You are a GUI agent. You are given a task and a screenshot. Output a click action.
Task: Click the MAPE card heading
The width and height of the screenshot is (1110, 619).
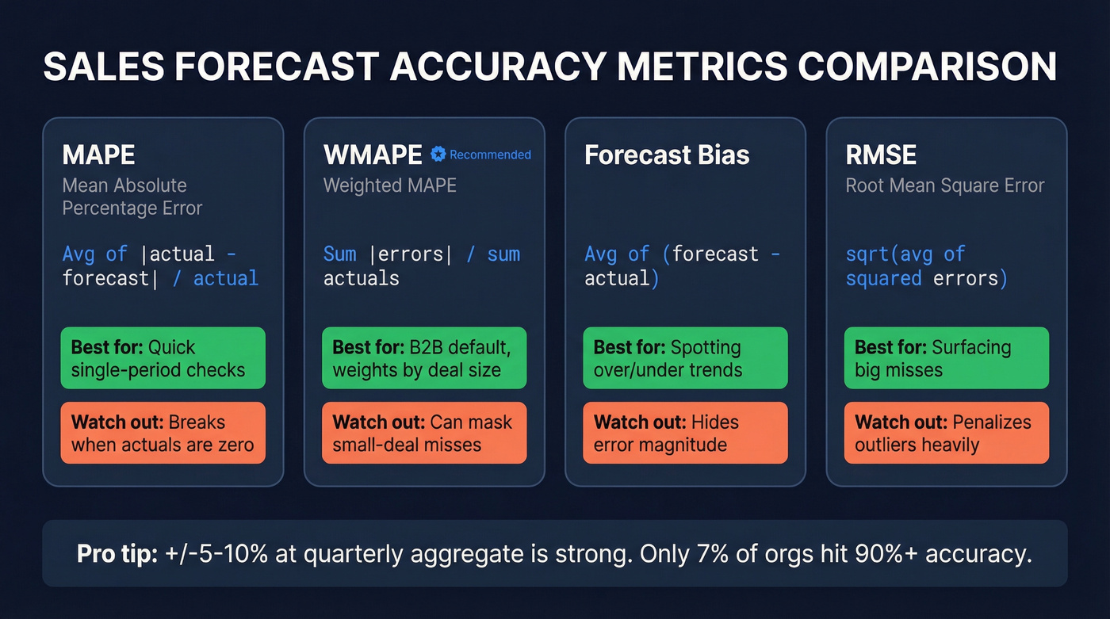[x=99, y=155]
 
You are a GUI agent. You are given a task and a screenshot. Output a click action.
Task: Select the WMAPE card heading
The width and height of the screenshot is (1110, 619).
[x=373, y=155]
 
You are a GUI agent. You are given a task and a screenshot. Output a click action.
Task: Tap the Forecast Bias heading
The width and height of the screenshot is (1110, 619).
[x=667, y=155]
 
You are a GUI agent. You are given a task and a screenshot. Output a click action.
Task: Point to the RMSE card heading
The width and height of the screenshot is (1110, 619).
[x=881, y=155]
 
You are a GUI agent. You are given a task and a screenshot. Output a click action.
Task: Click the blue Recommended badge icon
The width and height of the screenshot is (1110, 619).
[x=438, y=155]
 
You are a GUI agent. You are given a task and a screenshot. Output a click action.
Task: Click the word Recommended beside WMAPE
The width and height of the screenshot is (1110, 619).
[x=490, y=155]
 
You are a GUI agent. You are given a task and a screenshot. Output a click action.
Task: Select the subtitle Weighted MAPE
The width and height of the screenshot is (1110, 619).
[x=389, y=185]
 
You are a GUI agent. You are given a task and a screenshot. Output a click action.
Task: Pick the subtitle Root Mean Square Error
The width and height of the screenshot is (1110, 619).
[x=945, y=185]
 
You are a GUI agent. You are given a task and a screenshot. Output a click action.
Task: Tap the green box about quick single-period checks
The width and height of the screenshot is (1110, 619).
[x=163, y=358]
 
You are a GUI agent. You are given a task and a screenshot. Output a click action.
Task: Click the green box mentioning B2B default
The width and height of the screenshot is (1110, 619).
[x=424, y=358]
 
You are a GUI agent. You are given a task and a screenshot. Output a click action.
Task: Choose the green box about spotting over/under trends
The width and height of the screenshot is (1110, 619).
[x=685, y=358]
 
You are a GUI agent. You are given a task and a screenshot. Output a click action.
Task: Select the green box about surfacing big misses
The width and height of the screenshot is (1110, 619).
[x=946, y=358]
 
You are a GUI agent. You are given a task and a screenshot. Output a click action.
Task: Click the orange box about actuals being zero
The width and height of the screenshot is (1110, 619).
[x=163, y=433]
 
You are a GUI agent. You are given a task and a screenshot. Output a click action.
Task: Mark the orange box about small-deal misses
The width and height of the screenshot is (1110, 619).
[x=424, y=433]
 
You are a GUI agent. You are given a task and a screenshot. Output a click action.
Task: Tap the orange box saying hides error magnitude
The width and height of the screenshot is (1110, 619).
[x=685, y=433]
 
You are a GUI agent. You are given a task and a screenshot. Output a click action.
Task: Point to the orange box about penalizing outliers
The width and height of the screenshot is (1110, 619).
[x=946, y=433]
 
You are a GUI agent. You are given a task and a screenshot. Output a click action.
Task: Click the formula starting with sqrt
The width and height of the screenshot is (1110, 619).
[x=926, y=266]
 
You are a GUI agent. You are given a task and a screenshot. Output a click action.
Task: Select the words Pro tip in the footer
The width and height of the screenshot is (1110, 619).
[x=117, y=554]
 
